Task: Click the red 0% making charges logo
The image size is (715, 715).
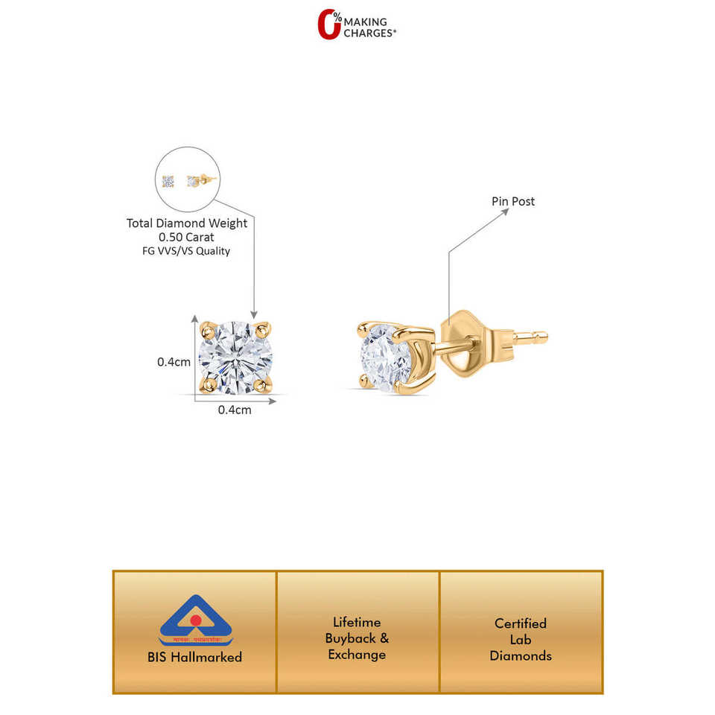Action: pyautogui.click(x=329, y=24)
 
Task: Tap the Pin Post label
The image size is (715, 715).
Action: pyautogui.click(x=512, y=201)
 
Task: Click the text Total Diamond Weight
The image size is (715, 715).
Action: pyautogui.click(x=187, y=223)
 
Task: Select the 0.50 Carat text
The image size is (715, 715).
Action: pyautogui.click(x=187, y=237)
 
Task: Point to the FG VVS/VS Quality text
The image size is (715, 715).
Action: pyautogui.click(x=187, y=251)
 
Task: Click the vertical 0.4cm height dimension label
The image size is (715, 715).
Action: pyautogui.click(x=174, y=362)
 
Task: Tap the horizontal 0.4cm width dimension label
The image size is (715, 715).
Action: pyautogui.click(x=235, y=410)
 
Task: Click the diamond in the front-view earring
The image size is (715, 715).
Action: pyautogui.click(x=235, y=355)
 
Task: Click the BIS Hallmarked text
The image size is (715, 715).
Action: pyautogui.click(x=194, y=657)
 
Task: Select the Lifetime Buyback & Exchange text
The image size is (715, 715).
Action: pyautogui.click(x=357, y=638)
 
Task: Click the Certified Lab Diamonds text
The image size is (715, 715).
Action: pyautogui.click(x=521, y=639)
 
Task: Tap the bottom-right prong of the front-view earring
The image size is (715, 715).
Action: pyautogui.click(x=260, y=385)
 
